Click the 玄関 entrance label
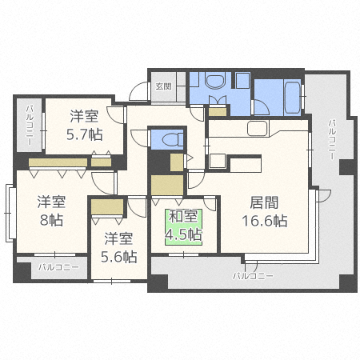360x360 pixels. [163, 86]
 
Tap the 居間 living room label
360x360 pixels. [264, 202]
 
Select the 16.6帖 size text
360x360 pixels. [264, 221]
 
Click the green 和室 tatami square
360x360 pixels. [183, 227]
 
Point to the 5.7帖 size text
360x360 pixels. [84, 134]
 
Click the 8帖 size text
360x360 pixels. [51, 220]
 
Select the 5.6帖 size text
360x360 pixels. [118, 257]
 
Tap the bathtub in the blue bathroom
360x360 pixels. [293, 98]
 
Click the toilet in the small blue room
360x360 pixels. [172, 139]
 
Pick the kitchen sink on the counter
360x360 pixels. [258, 129]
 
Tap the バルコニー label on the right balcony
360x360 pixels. [332, 140]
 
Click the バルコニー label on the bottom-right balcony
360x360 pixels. [253, 276]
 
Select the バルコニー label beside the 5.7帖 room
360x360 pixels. [30, 126]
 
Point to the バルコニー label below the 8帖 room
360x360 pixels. [58, 267]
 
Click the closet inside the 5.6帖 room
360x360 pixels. [107, 206]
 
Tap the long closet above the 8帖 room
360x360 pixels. [58, 162]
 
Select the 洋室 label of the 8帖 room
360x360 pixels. [51, 202]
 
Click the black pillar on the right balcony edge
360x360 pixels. [347, 167]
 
